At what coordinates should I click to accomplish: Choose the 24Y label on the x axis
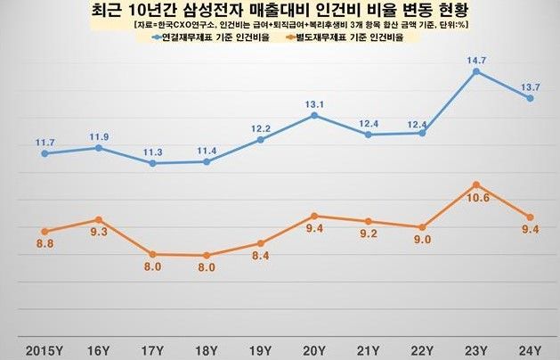(531, 345)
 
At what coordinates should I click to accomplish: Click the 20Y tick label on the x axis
(314, 345)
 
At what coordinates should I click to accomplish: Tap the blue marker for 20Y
(314, 115)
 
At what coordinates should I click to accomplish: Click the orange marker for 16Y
(99, 219)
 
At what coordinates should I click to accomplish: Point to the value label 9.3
(99, 237)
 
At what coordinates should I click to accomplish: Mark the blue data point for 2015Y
(45, 153)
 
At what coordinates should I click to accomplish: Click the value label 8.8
(45, 249)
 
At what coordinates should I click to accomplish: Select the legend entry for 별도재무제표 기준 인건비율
(351, 38)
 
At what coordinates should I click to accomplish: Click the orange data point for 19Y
(261, 243)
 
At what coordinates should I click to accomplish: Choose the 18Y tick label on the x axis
(207, 345)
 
